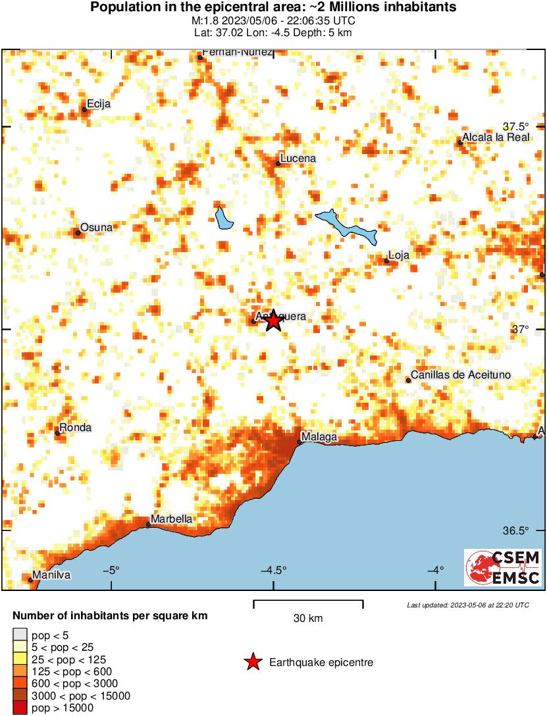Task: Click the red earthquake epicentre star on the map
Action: click(273, 320)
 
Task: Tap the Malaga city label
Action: click(319, 437)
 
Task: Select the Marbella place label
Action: click(172, 519)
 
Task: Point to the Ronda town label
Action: click(76, 428)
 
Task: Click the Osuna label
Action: click(96, 227)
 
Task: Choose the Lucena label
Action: click(298, 159)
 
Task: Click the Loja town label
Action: click(399, 255)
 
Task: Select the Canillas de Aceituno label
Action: click(461, 375)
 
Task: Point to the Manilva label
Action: click(51, 575)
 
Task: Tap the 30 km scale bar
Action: click(308, 601)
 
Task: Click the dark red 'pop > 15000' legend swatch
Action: click(19, 708)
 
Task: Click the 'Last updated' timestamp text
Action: click(467, 605)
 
